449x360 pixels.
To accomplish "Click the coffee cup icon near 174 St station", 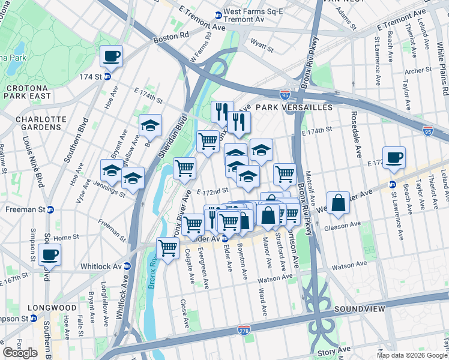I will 111,57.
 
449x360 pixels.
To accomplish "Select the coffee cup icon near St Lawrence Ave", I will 394,158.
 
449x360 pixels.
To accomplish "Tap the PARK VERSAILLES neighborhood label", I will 294,107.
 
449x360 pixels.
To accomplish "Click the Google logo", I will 20,353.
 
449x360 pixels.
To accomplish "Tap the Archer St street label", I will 418,70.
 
